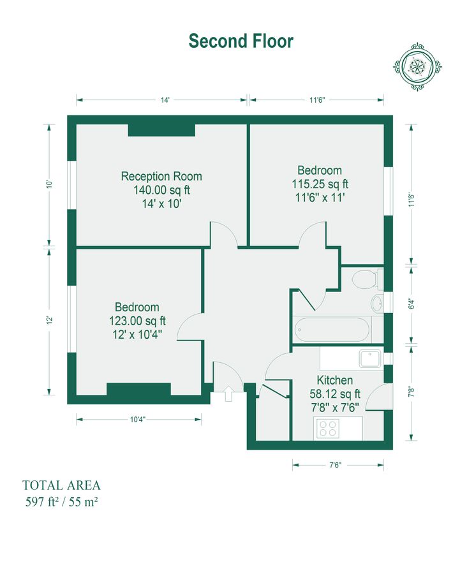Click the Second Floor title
[x=241, y=41]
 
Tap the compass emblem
[x=417, y=66]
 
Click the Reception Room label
[x=161, y=176]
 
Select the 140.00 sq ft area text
[x=161, y=190]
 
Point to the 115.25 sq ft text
[x=320, y=184]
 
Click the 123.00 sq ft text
[x=137, y=321]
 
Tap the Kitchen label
[x=335, y=380]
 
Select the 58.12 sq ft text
[x=335, y=394]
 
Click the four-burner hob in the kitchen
[x=329, y=429]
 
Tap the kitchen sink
[x=370, y=358]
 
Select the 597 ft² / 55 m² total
[x=61, y=501]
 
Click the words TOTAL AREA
[x=61, y=485]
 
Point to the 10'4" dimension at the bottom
[x=138, y=419]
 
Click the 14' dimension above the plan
[x=165, y=100]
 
